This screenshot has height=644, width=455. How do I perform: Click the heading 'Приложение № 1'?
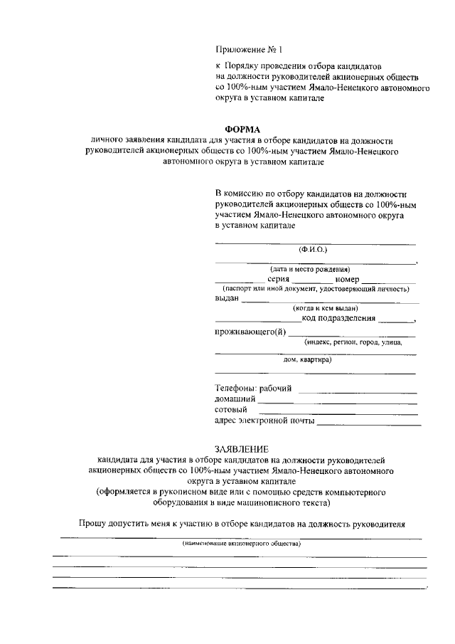point(249,51)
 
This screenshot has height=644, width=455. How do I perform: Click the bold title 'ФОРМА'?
point(242,129)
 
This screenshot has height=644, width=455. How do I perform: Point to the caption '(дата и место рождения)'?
point(310,269)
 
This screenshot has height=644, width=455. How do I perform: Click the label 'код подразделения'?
point(338,318)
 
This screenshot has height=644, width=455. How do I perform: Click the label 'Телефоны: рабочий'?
point(254,389)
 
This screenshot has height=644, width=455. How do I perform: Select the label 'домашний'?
point(235,399)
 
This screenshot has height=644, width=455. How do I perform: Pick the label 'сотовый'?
point(231,410)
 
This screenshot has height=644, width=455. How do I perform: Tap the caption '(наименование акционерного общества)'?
point(241,544)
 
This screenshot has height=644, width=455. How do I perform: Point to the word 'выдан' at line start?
point(227,299)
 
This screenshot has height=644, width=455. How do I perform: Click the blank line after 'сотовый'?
point(338,413)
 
